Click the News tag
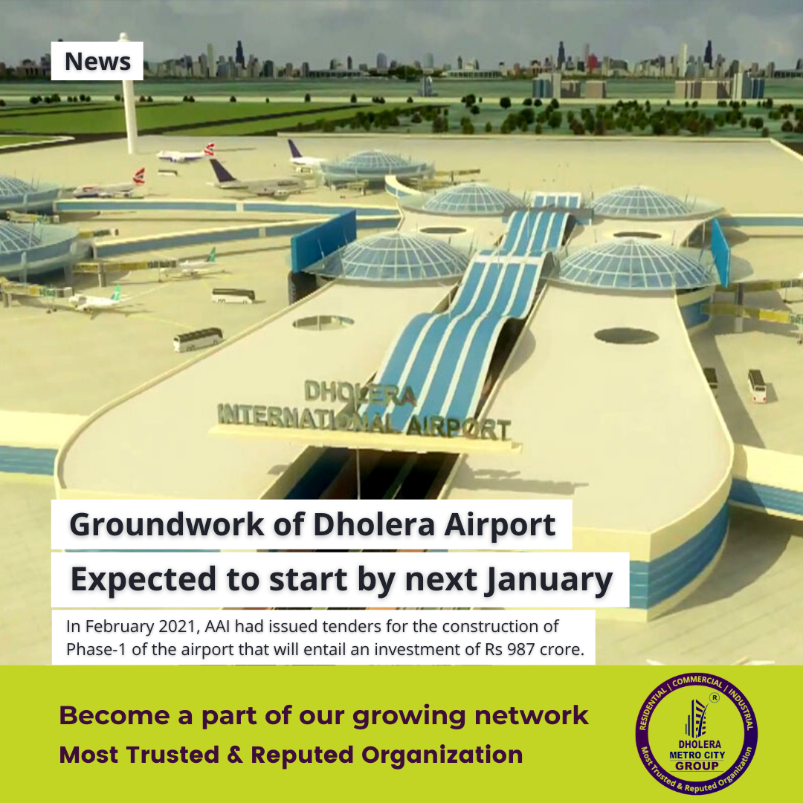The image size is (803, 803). tap(97, 61)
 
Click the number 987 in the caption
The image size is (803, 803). tap(522, 649)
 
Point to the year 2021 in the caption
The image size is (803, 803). tap(179, 626)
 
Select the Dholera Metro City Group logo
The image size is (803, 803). tap(697, 733)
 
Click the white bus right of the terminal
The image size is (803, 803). tap(757, 385)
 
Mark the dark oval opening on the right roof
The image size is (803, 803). tap(626, 336)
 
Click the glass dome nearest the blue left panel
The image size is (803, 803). tap(399, 256)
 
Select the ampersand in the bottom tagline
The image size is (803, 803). tap(235, 755)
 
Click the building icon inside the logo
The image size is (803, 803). tap(697, 718)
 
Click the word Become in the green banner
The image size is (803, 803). tap(115, 715)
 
